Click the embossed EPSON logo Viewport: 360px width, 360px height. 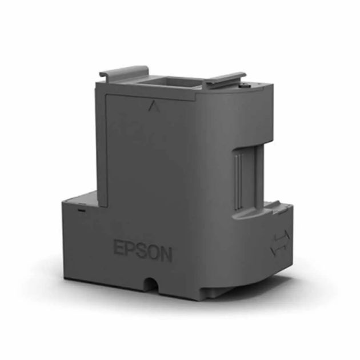(143, 252)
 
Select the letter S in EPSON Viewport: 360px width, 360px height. (143, 252)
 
